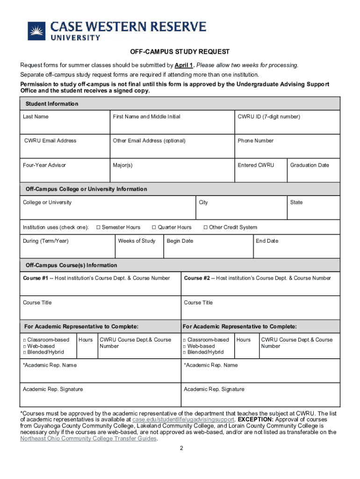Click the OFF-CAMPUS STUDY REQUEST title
[180, 52]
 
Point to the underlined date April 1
[184, 65]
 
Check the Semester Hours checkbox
[98, 227]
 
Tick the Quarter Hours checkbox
[154, 227]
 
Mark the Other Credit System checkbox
[205, 227]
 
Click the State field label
[296, 203]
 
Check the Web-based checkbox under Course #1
[24, 346]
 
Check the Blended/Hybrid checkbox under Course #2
[185, 352]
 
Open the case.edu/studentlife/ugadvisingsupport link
[183, 420]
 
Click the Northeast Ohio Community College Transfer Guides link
[89, 438]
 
